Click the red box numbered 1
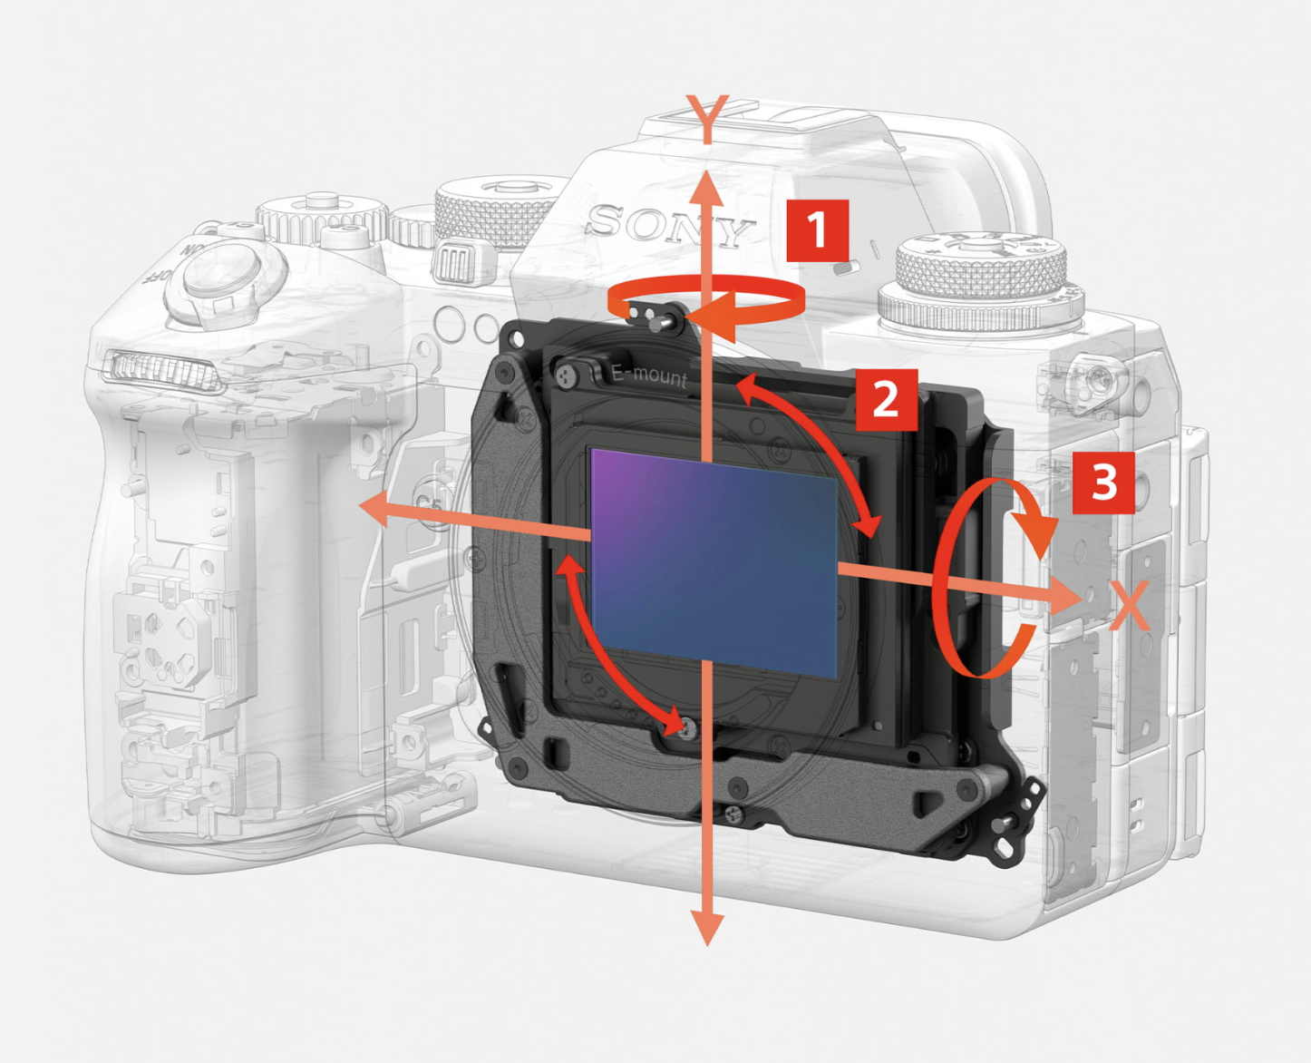tap(817, 230)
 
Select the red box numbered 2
tap(886, 399)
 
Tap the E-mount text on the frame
tap(649, 373)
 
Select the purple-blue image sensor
tap(714, 561)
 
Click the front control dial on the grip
tap(163, 368)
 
